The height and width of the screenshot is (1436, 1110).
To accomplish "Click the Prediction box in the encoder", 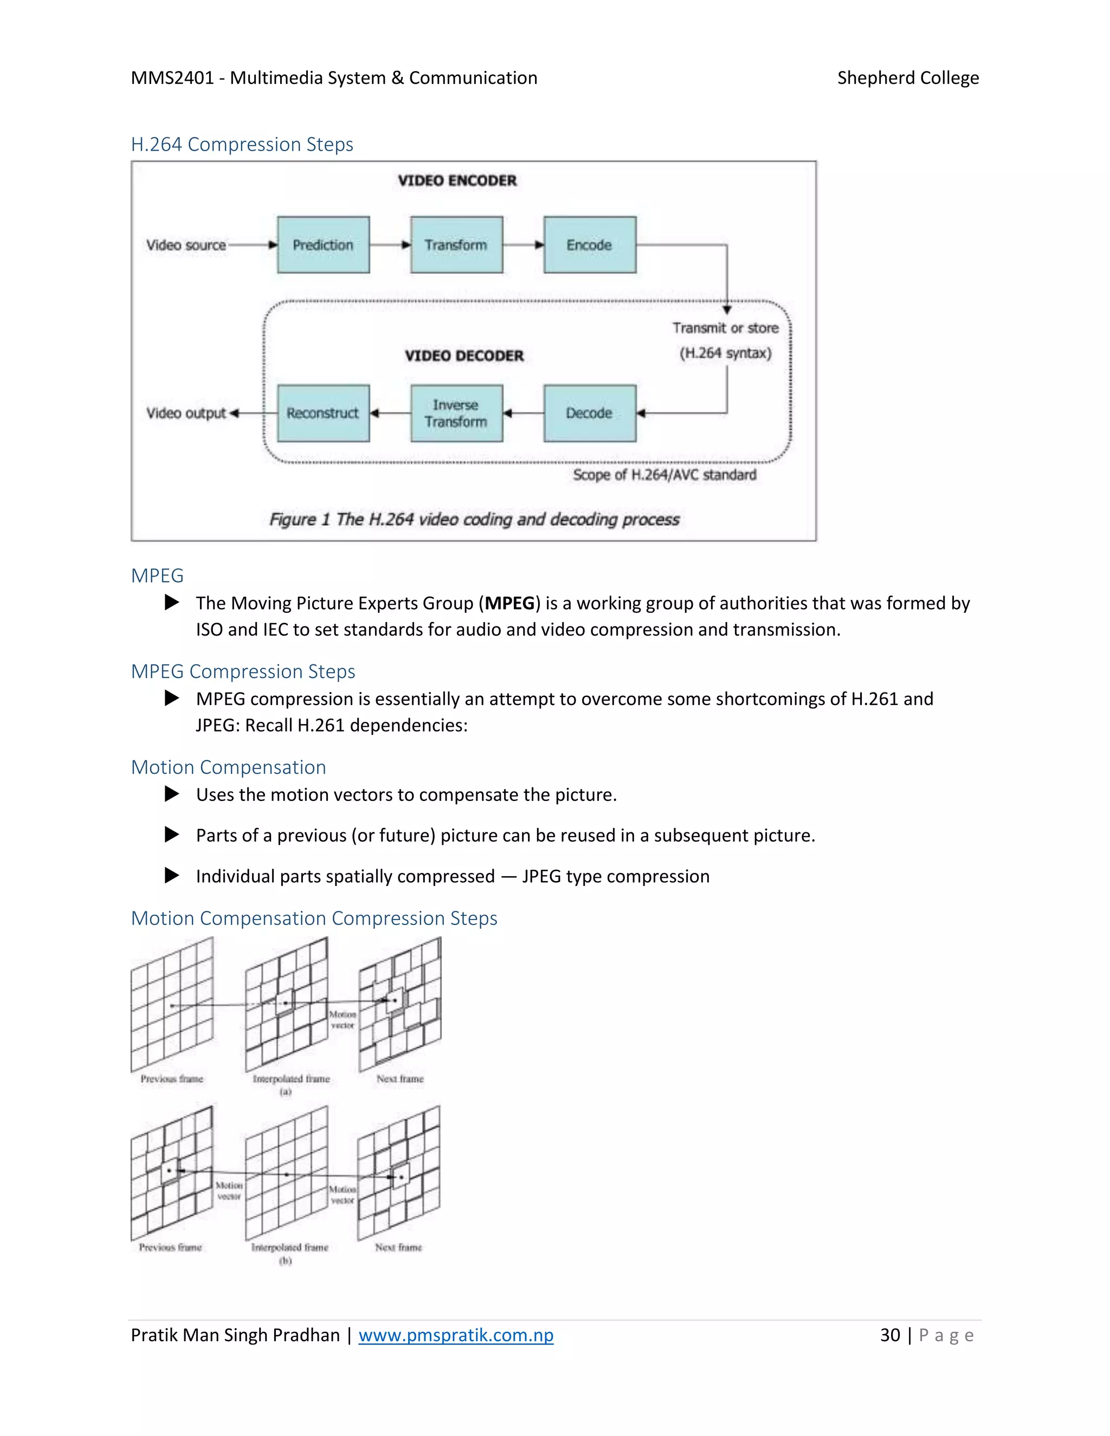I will click(323, 244).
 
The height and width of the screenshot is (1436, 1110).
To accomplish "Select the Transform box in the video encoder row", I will click(456, 244).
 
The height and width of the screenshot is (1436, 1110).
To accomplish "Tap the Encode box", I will click(589, 244).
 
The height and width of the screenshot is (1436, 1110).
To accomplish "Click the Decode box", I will click(589, 413).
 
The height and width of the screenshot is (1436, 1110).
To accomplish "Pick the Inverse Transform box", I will click(456, 413).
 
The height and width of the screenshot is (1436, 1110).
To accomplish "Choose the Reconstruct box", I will click(323, 413).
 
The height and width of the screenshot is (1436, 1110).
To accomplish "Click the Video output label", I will click(186, 413).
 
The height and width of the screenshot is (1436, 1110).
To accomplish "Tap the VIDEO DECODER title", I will click(464, 355).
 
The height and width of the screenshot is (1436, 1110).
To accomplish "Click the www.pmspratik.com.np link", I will click(456, 1335).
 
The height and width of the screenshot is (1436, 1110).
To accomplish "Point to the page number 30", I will click(890, 1335).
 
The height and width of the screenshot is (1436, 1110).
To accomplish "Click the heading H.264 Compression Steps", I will click(242, 145).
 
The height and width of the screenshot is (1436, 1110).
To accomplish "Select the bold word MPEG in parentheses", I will click(509, 604).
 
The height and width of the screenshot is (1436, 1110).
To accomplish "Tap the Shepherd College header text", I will click(907, 78).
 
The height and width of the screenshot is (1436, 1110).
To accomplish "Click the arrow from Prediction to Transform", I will click(390, 244).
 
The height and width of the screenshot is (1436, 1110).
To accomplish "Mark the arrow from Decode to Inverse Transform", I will click(524, 413).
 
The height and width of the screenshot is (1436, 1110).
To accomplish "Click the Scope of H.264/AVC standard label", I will click(664, 475).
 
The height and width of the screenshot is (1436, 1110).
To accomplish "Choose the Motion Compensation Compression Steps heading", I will click(314, 918).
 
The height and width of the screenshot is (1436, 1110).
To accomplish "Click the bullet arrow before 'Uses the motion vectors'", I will click(172, 794).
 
